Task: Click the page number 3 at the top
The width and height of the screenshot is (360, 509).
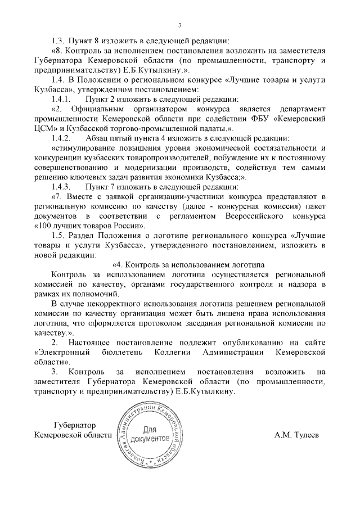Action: coord(179,25)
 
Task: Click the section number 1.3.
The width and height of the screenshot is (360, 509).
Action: coord(58,40)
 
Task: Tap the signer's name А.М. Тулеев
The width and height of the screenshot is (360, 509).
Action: coord(296,435)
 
